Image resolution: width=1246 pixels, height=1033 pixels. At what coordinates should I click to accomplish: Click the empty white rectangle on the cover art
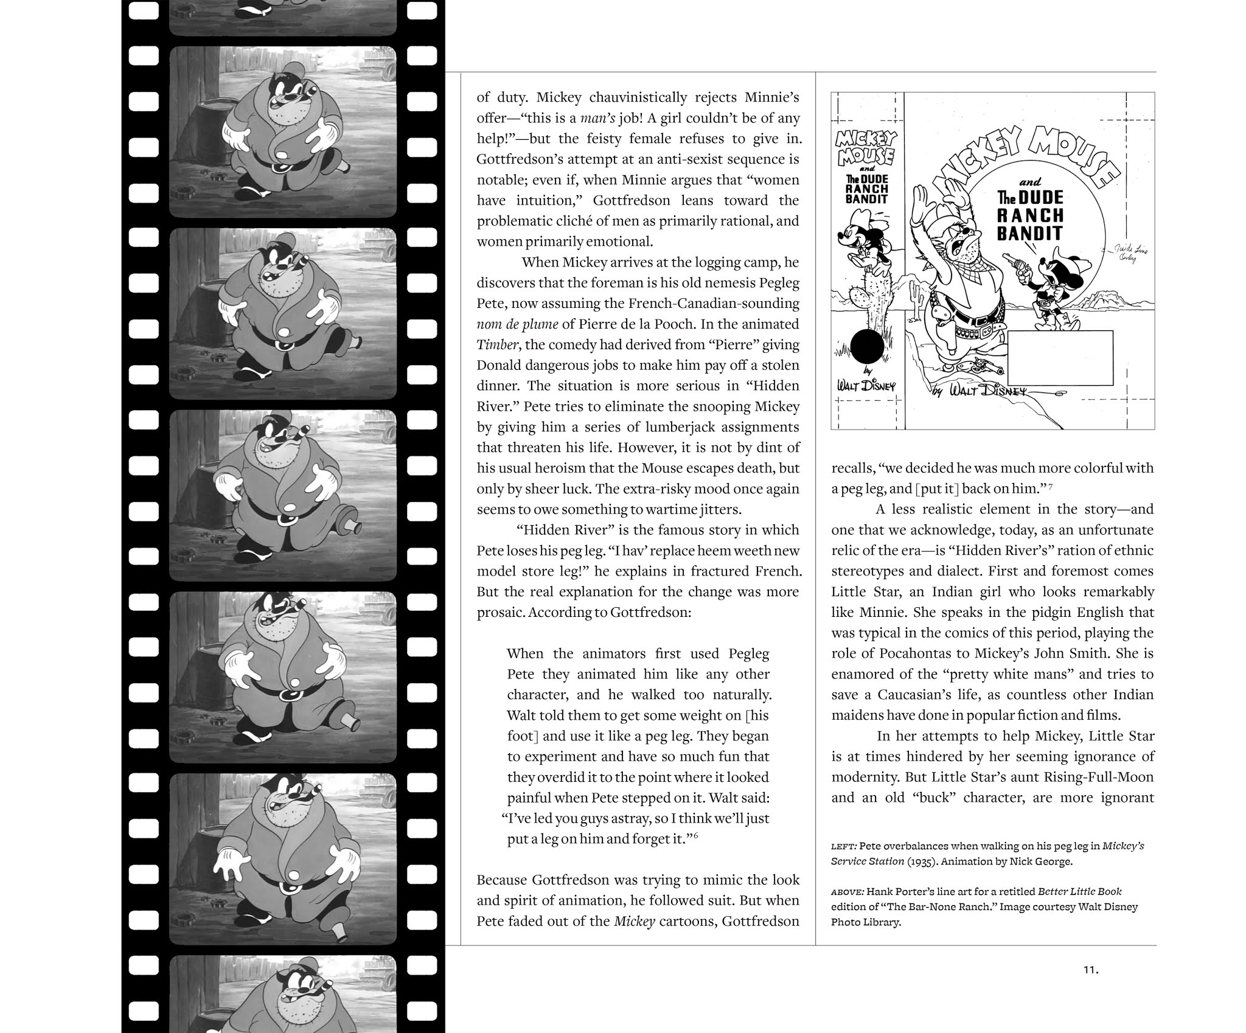click(x=1060, y=355)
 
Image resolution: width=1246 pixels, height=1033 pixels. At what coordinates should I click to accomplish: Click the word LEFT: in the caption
click(x=844, y=846)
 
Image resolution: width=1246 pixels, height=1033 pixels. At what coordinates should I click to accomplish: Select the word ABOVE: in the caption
click(x=847, y=892)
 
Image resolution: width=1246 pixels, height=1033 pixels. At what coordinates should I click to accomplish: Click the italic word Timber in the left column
click(x=498, y=345)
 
